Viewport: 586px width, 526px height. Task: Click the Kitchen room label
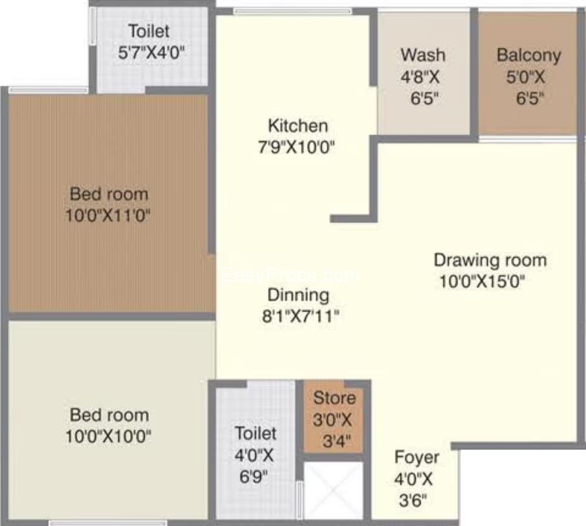[x=298, y=126]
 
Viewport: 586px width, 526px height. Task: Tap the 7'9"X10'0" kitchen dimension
[x=296, y=148]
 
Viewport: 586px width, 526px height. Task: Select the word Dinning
[x=298, y=296]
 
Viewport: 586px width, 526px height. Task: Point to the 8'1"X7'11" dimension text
[x=301, y=317]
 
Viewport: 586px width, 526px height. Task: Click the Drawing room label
[x=490, y=260]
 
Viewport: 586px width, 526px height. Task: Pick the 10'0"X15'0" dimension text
[x=482, y=281]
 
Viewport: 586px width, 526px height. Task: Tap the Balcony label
[x=529, y=55]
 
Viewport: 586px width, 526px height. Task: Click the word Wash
[x=423, y=55]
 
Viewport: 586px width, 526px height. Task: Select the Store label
[x=334, y=398]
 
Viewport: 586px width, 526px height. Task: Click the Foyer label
[x=417, y=458]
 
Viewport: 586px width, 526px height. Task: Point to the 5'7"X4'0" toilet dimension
[x=151, y=53]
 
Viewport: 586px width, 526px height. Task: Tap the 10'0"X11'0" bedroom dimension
[x=108, y=216]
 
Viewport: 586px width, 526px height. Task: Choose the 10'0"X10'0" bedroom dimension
[x=108, y=437]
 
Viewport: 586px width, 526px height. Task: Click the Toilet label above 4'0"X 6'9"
[x=256, y=433]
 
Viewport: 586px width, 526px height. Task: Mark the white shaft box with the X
[x=333, y=490]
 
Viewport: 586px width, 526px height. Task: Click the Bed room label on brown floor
[x=109, y=194]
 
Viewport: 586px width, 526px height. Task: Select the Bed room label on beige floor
[x=109, y=415]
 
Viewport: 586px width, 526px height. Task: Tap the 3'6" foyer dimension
[x=413, y=501]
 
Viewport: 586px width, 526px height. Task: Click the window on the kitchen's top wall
[x=293, y=11]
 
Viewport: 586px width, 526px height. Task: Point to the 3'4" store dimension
[x=337, y=441]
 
